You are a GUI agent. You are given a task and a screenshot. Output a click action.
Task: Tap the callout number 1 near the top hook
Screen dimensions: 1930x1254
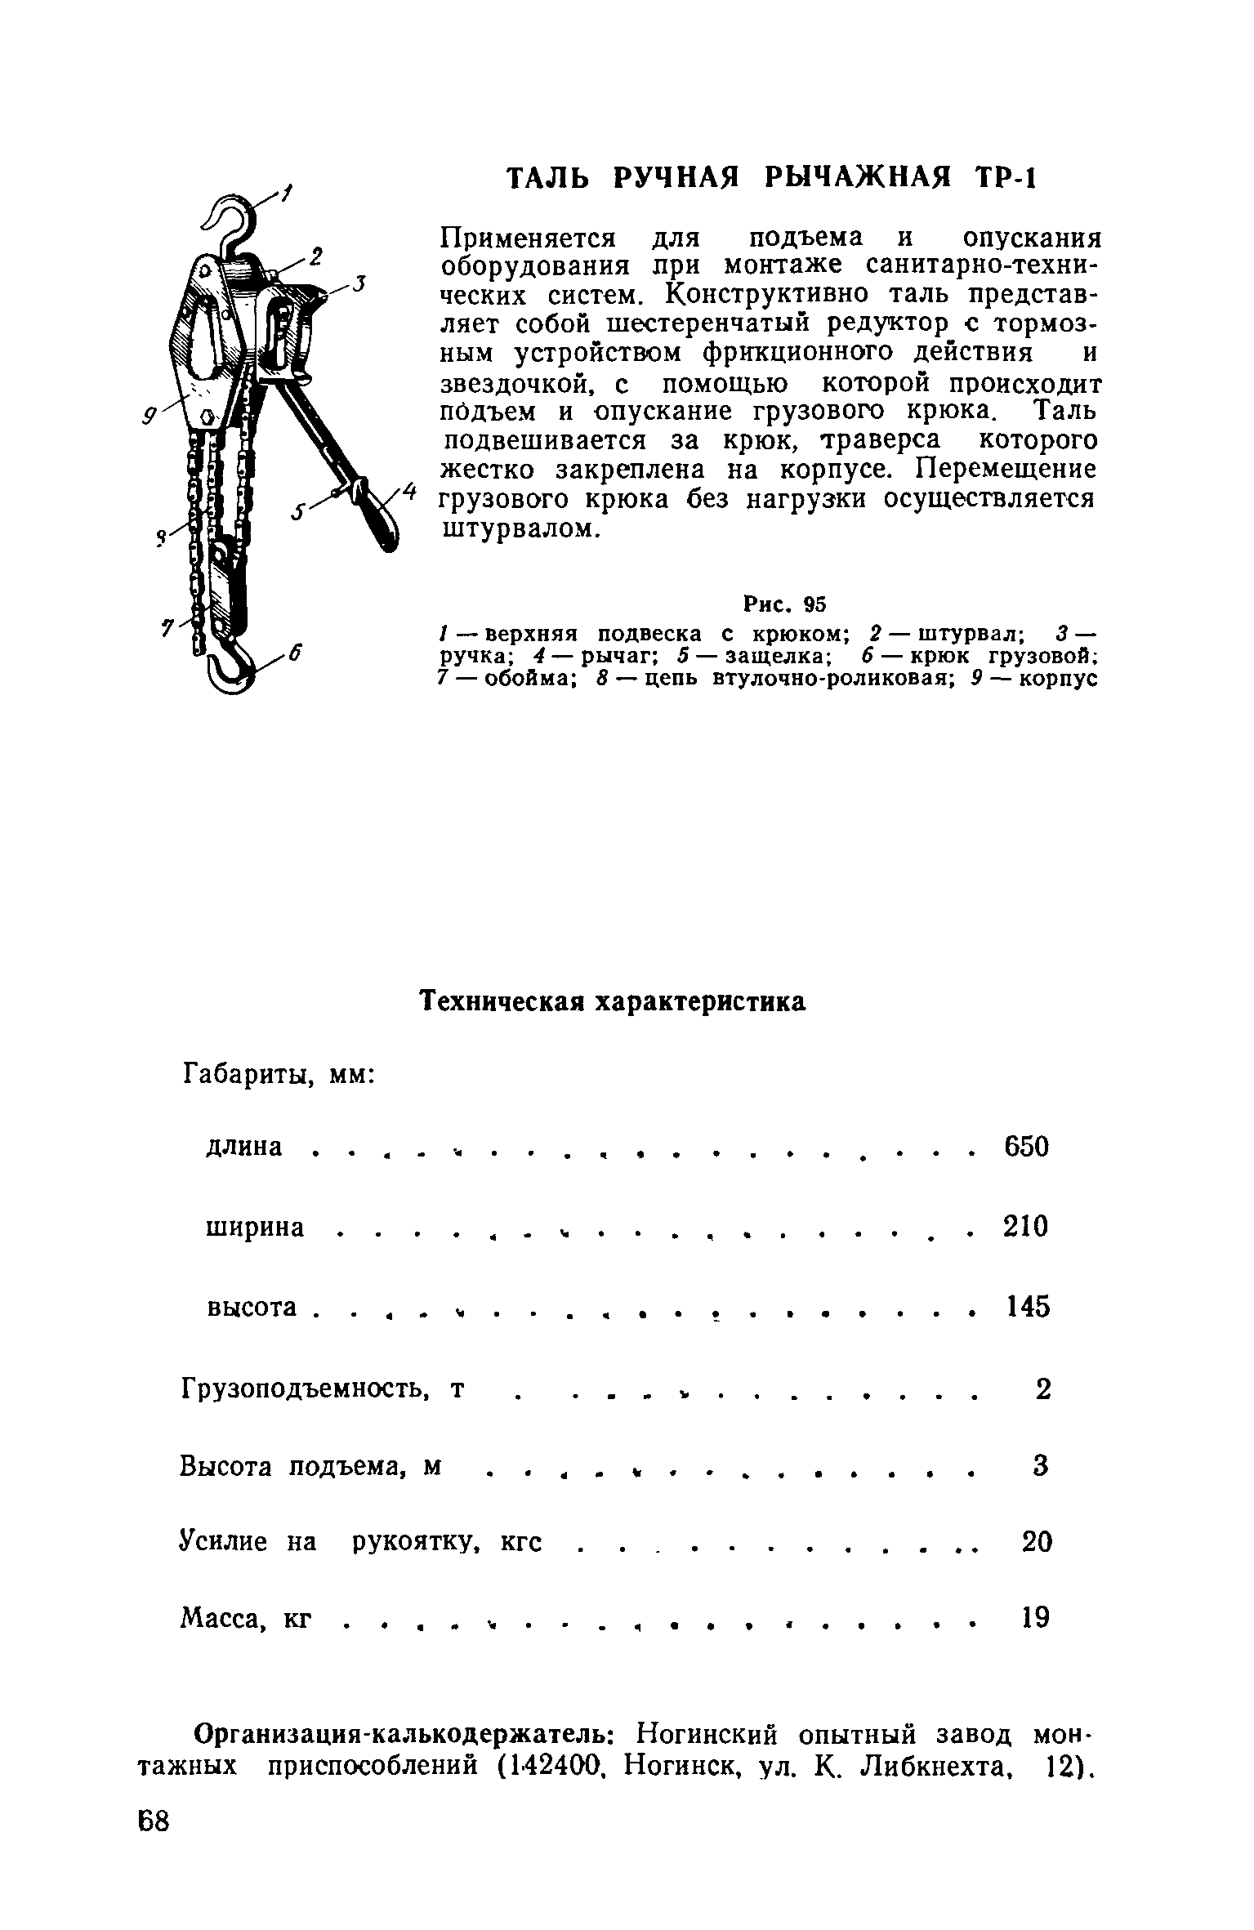pos(287,194)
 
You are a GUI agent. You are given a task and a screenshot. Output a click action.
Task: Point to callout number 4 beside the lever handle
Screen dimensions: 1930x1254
pos(411,493)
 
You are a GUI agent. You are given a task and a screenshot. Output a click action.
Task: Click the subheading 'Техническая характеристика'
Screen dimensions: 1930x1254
pos(613,1003)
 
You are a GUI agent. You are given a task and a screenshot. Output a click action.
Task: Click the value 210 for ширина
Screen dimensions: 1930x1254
pos(1025,1227)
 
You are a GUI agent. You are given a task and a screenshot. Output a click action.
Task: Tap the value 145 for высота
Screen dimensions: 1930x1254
pos(1026,1307)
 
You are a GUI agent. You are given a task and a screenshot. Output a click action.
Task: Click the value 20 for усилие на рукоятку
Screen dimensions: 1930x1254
pos(1037,1541)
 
